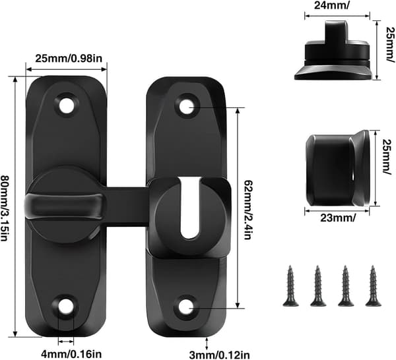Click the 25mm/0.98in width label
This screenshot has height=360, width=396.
(69, 59)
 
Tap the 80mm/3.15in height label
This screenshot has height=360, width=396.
(5, 208)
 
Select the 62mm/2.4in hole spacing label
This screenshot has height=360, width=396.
(247, 210)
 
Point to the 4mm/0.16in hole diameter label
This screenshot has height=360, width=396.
(72, 353)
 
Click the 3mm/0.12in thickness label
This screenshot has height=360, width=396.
(220, 355)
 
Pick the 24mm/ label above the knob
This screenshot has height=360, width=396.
(332, 5)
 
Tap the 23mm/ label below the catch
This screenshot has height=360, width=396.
(339, 218)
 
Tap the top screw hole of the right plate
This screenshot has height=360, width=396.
(187, 106)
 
